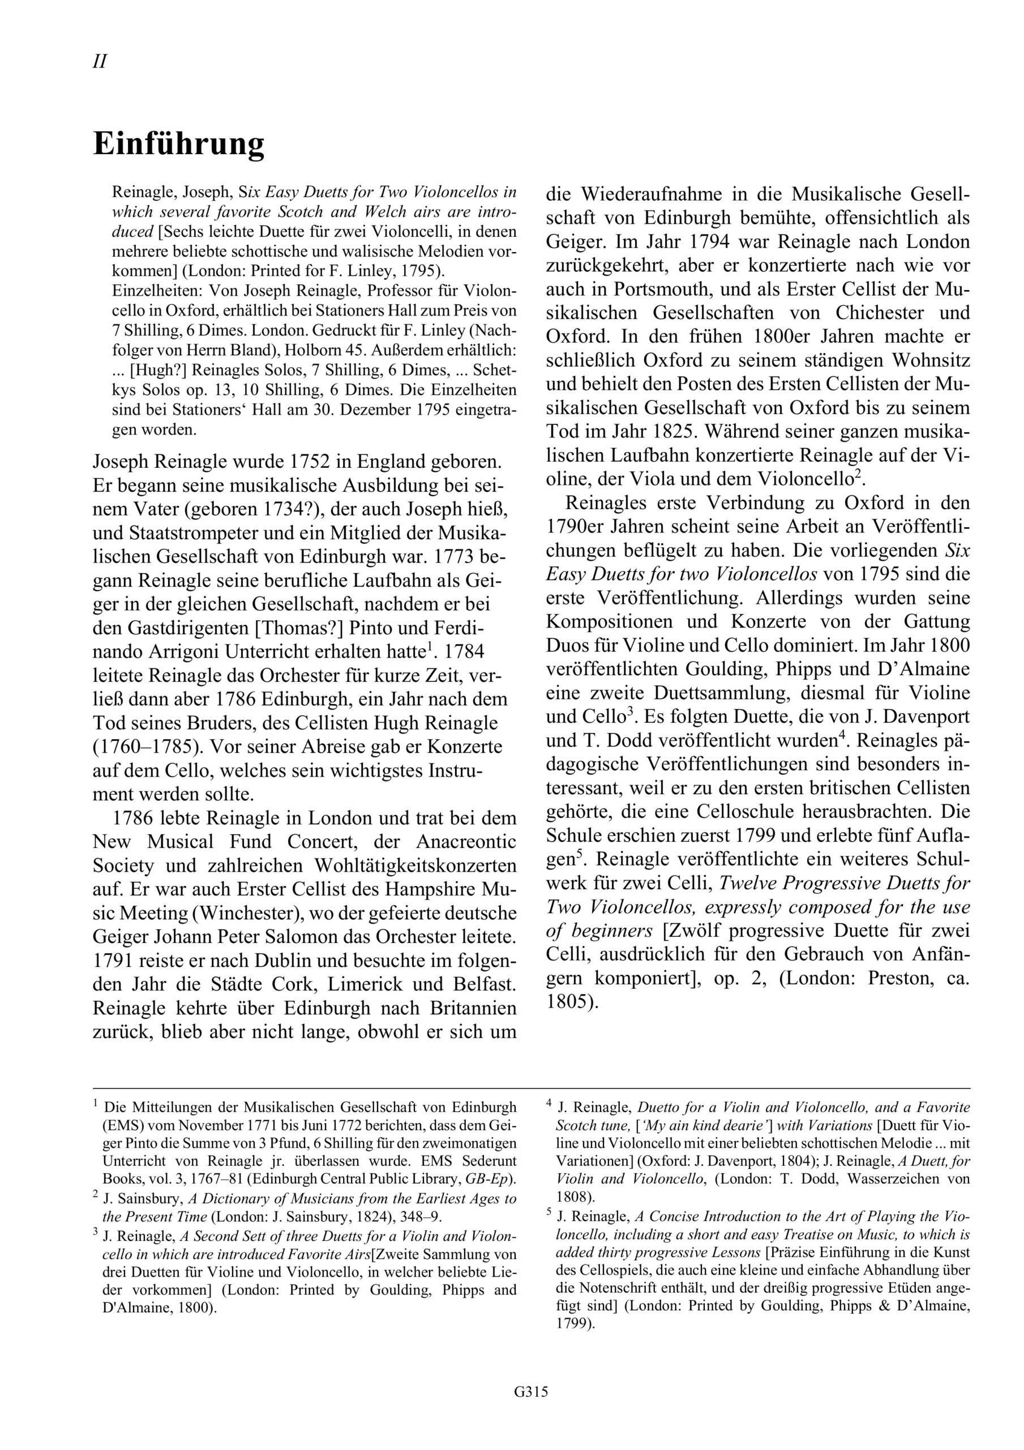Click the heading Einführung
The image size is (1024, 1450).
tap(179, 144)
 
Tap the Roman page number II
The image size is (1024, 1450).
tap(99, 62)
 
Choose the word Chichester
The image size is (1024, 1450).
tap(880, 313)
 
